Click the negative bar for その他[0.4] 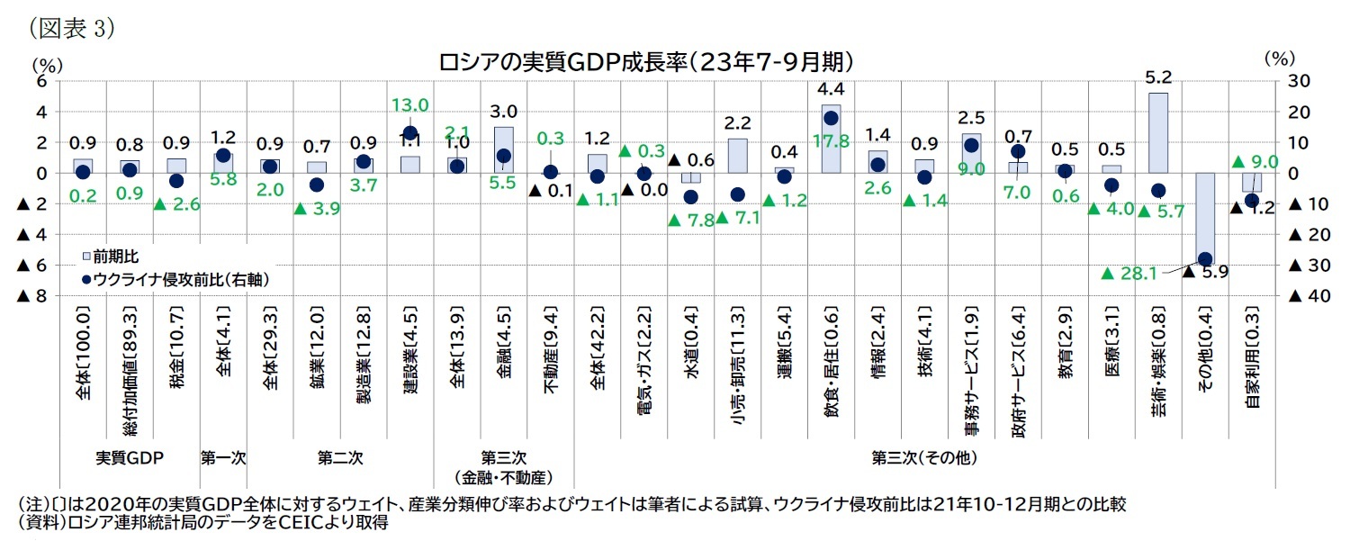1205,216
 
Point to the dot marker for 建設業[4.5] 410,134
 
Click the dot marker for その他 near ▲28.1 1205,259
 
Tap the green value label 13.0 409,104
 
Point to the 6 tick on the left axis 40,81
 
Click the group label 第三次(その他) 923,457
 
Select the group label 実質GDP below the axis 129,457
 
